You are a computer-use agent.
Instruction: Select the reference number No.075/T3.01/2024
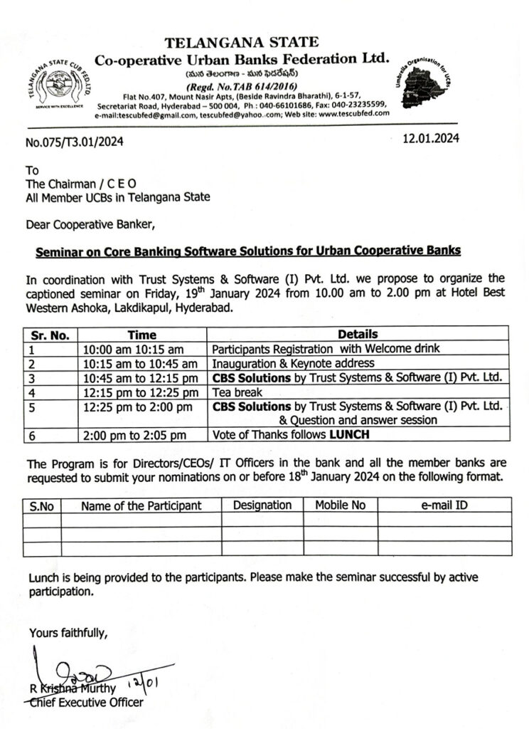point(74,142)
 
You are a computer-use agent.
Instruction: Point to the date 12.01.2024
point(430,139)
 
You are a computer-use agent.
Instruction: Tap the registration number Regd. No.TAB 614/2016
point(242,86)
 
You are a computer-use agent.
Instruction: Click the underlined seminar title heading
point(248,251)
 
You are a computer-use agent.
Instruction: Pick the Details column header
point(358,334)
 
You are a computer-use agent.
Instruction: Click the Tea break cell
point(238,392)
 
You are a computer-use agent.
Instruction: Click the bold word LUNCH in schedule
point(348,435)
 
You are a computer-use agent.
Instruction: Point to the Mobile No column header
point(340,505)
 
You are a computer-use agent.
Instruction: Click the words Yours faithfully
point(68,632)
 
